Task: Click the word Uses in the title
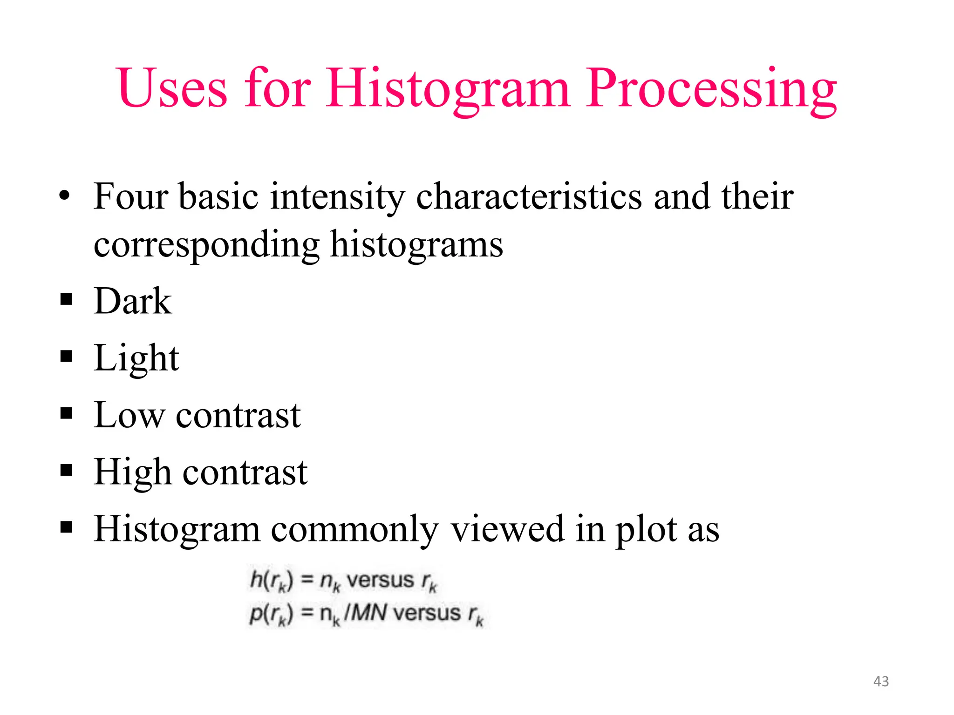(x=172, y=88)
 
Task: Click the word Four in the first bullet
(x=130, y=196)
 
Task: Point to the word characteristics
(x=529, y=196)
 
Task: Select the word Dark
(x=133, y=301)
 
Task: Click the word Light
(x=136, y=358)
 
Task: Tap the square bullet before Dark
(x=67, y=299)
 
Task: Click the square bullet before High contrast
(x=67, y=470)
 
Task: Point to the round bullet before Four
(x=65, y=196)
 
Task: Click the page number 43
(x=881, y=681)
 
